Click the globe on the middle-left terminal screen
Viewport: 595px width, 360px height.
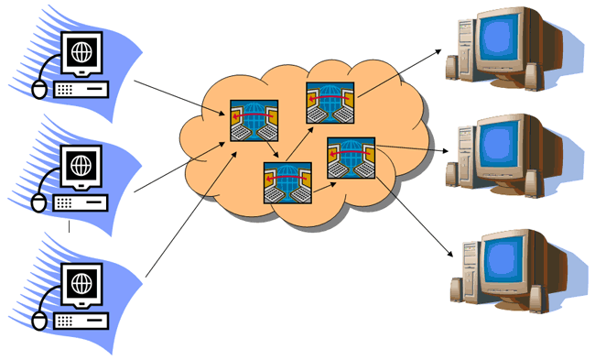(x=82, y=166)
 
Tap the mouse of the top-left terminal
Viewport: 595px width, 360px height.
(x=38, y=89)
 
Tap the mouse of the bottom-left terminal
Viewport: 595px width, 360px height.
(x=38, y=321)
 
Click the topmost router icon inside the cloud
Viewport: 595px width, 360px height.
(x=326, y=102)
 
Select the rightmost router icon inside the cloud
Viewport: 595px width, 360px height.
(x=348, y=158)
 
